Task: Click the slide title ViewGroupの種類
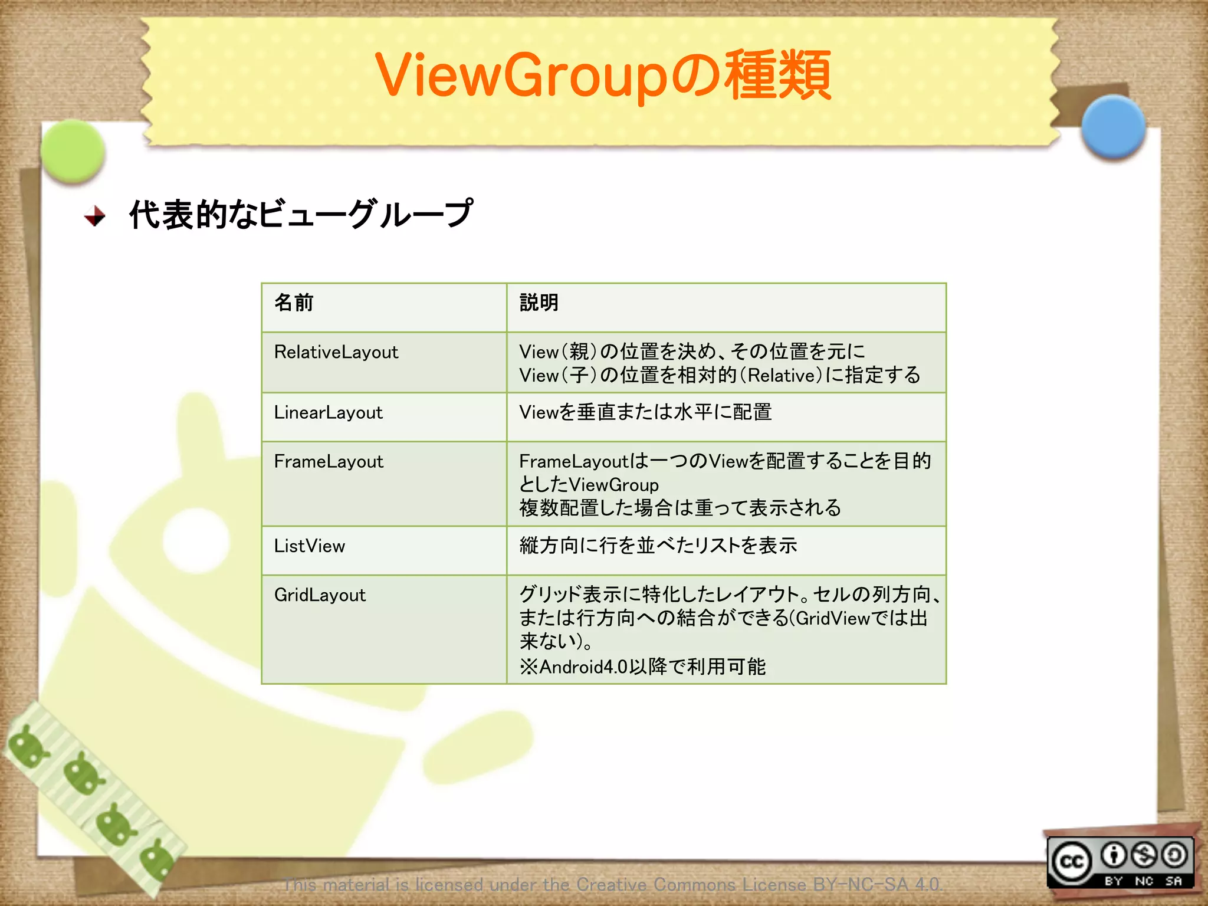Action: pyautogui.click(x=603, y=75)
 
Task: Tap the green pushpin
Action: pyautogui.click(x=73, y=151)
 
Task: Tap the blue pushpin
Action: pyautogui.click(x=1113, y=127)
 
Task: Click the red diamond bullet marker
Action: pyautogui.click(x=94, y=216)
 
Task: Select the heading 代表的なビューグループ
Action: pyautogui.click(x=301, y=214)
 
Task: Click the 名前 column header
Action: pyautogui.click(x=294, y=303)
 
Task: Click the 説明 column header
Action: pyautogui.click(x=539, y=303)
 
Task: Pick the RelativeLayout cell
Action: pyautogui.click(x=336, y=352)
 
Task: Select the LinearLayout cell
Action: pyautogui.click(x=329, y=412)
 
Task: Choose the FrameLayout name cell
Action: pyautogui.click(x=329, y=461)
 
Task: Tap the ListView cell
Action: pyautogui.click(x=309, y=546)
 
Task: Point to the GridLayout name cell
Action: pyautogui.click(x=320, y=595)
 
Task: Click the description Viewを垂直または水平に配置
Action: pyautogui.click(x=645, y=412)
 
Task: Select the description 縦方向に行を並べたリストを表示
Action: pyautogui.click(x=658, y=546)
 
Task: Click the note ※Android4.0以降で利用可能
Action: pyautogui.click(x=642, y=667)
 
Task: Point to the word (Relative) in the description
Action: pyautogui.click(x=782, y=376)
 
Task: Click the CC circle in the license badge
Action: pyautogui.click(x=1071, y=862)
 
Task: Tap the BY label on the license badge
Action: pyautogui.click(x=1113, y=881)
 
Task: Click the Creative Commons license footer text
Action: pyautogui.click(x=612, y=884)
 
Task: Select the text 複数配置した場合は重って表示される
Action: pyautogui.click(x=680, y=508)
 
